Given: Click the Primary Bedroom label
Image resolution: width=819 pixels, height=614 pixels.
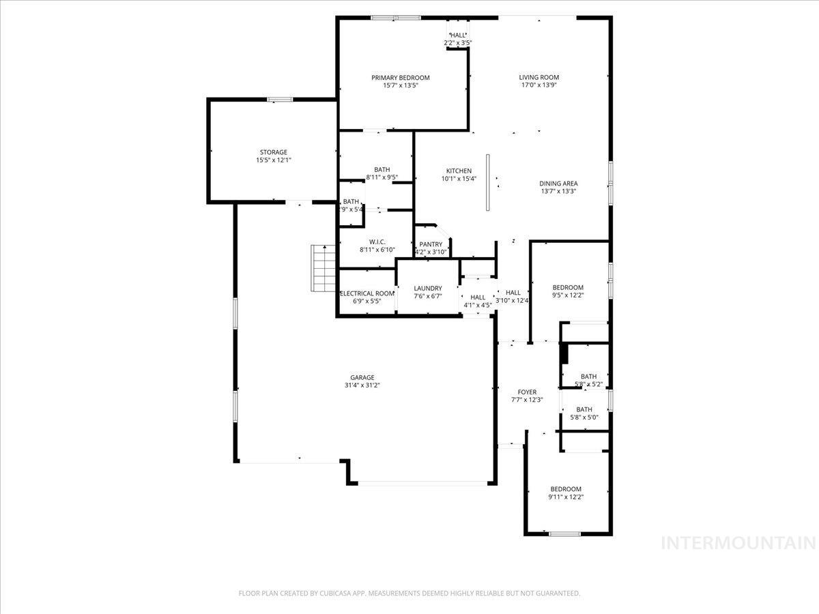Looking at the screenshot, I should coord(400,78).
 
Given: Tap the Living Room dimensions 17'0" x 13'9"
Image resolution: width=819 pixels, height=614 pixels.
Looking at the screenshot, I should coord(538,85).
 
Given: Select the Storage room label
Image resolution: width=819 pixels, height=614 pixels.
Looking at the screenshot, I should coord(273,152).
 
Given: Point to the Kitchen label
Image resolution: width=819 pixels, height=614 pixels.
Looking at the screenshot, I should coord(459,171).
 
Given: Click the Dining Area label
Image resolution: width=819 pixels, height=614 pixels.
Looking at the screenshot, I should coord(558,183).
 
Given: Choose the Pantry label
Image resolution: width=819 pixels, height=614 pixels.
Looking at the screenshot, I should coord(431,244).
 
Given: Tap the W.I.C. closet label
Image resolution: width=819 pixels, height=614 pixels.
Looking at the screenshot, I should coord(377,242).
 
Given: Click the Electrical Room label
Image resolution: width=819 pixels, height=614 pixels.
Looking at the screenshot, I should coord(367,293).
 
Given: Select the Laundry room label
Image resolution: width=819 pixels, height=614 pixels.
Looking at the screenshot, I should coord(427,289).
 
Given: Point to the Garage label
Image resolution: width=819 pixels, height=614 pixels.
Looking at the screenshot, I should coord(362,377).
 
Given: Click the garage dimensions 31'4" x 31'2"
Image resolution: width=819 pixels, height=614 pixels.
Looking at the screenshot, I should coord(362,385).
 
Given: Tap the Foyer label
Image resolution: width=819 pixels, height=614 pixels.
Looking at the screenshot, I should coord(526,392).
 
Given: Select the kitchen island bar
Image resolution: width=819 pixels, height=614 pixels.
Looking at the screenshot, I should coord(488,182).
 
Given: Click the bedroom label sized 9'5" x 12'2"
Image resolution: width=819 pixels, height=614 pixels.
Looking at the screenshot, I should coord(567,287).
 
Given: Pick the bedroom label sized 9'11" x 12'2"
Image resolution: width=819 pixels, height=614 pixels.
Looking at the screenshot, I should coord(566,488).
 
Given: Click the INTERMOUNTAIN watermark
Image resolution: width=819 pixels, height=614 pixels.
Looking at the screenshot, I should coord(738,543).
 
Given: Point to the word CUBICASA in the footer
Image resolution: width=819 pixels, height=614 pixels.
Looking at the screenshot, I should coord(339,594).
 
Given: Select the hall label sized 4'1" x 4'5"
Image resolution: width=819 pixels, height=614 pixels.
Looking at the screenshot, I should coord(477,297).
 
